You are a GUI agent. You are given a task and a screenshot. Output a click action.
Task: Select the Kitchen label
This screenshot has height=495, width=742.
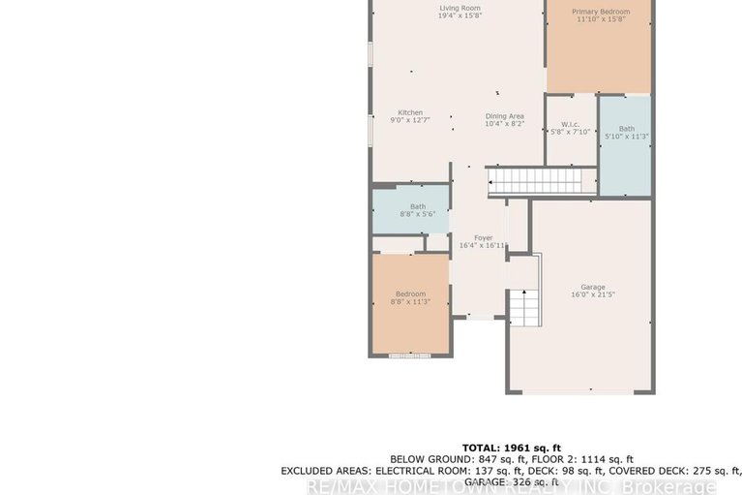pyautogui.click(x=410, y=112)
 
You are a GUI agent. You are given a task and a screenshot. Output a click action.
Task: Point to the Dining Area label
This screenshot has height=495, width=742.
pyautogui.click(x=504, y=116)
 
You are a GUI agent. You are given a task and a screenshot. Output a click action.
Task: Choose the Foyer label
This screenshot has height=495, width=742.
pyautogui.click(x=483, y=237)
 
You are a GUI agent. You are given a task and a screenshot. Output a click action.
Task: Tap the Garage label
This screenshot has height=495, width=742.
pyautogui.click(x=593, y=287)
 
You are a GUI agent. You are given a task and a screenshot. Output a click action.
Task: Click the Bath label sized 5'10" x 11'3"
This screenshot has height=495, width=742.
pyautogui.click(x=627, y=129)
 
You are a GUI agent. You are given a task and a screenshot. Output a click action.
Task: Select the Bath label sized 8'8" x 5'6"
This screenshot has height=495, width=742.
pyautogui.click(x=417, y=206)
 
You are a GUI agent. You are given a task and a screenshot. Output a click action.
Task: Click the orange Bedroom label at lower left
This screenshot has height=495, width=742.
pyautogui.click(x=410, y=294)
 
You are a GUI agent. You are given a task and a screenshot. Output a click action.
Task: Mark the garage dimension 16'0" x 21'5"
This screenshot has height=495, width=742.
pyautogui.click(x=593, y=294)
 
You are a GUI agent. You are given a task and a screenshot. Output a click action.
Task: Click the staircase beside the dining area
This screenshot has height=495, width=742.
pyautogui.click(x=535, y=181)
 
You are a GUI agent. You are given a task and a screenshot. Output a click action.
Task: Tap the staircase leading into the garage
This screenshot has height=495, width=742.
pyautogui.click(x=522, y=306)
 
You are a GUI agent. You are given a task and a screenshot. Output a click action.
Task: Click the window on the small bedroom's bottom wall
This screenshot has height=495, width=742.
pyautogui.click(x=409, y=356)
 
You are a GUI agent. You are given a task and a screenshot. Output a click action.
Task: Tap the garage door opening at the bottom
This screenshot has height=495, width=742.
pyautogui.click(x=580, y=392)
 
